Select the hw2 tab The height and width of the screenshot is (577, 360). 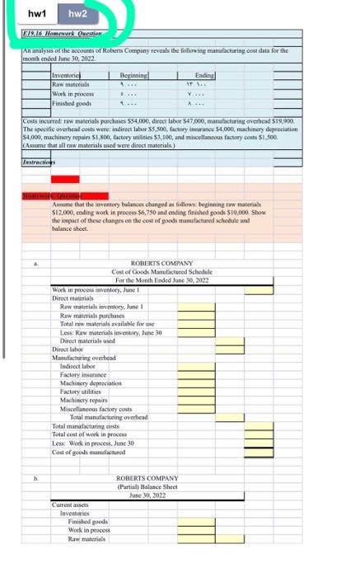click(78, 14)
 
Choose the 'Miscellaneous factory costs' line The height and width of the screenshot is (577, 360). click(96, 409)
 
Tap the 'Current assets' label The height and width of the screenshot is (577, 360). click(71, 504)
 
